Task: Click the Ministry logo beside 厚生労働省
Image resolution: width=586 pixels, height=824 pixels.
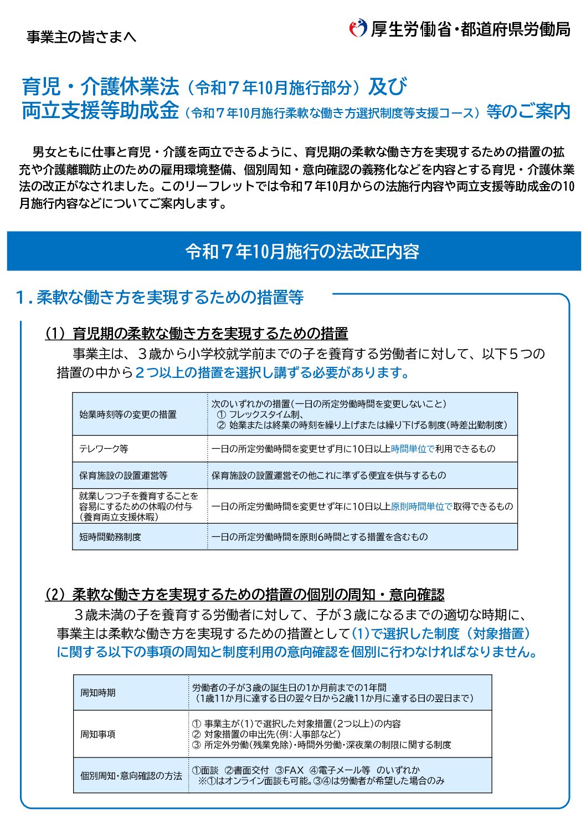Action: pos(357,28)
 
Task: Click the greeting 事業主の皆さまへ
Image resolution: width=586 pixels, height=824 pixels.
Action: pos(81,37)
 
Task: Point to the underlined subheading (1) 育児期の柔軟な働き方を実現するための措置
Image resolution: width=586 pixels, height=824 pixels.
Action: pos(197,333)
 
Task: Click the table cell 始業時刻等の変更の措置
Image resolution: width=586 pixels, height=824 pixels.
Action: pos(128,414)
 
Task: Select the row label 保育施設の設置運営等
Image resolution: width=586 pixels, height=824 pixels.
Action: pos(123,475)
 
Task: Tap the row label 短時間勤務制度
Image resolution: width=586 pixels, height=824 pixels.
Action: pos(110,537)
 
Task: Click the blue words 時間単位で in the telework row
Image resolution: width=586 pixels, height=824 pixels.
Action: pos(413,449)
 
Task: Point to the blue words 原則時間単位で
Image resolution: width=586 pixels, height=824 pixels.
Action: pos(421,506)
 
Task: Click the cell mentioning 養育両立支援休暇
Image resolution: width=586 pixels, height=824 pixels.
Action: pos(138,506)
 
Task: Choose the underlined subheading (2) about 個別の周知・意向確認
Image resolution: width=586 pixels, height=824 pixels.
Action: pos(244,595)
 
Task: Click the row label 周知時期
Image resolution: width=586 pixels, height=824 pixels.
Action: pos(98,693)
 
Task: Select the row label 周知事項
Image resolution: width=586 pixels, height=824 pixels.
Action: pos(98,734)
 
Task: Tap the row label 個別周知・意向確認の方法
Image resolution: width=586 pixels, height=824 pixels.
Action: pos(131,776)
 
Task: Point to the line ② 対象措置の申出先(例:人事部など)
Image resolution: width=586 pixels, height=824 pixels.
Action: pos(266,734)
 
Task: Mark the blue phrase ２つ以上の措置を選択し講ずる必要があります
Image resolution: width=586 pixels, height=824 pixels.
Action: pos(272,372)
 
